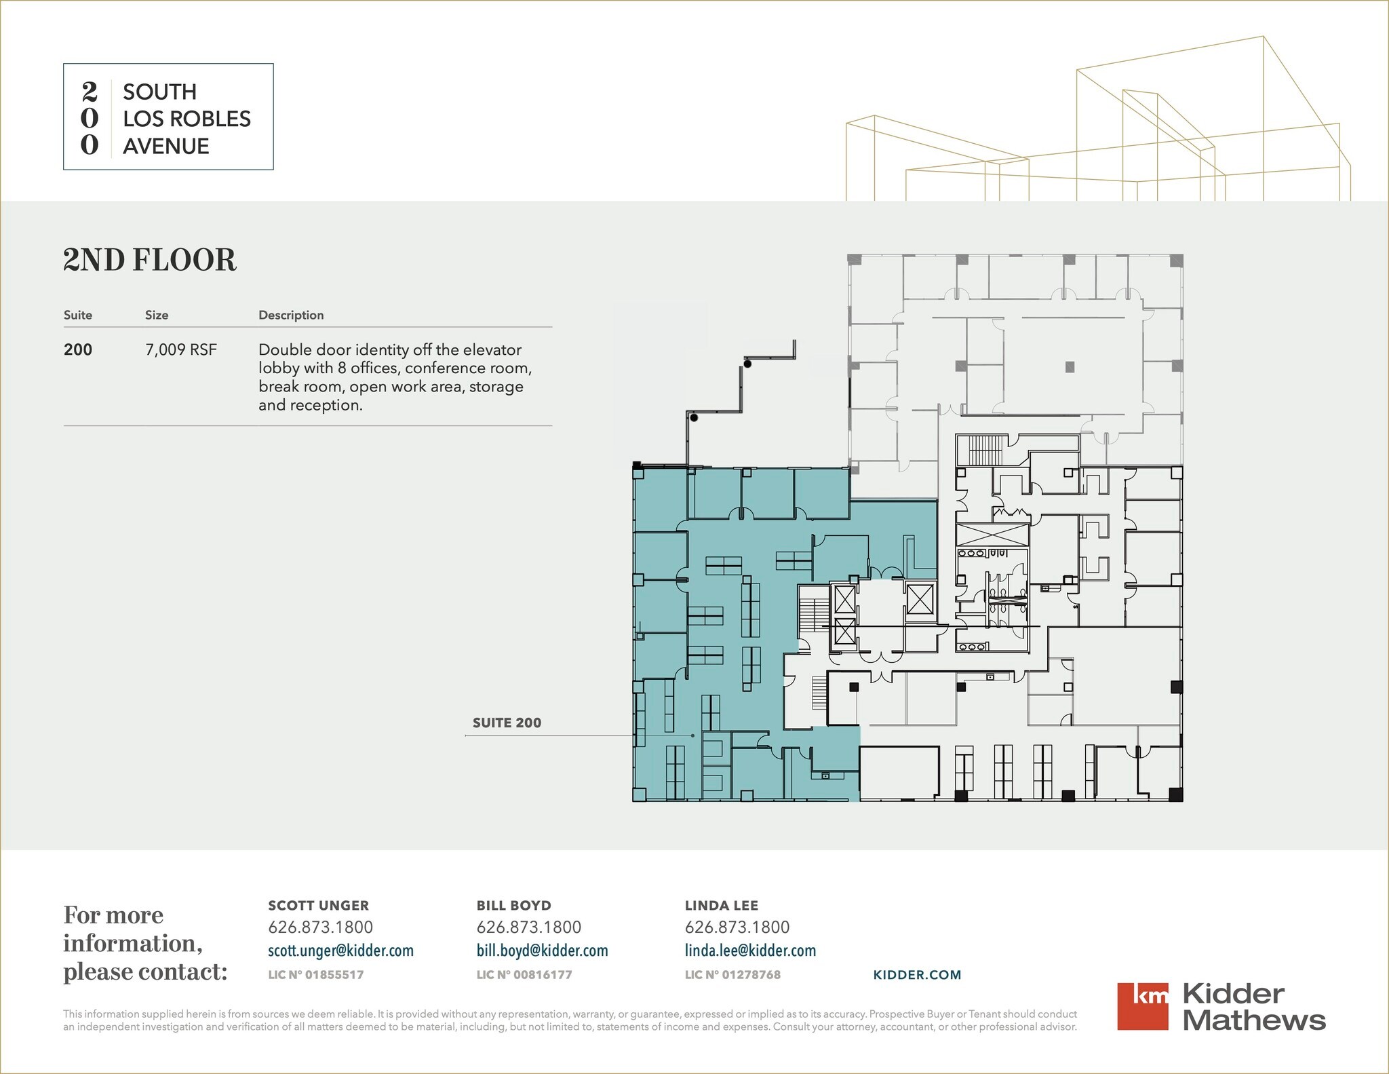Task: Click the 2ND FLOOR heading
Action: pos(150,260)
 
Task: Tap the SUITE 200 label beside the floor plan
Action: pos(507,723)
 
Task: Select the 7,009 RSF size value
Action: pos(181,349)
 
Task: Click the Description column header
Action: pos(291,315)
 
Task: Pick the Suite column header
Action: pos(78,315)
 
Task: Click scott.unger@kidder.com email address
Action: pos(340,951)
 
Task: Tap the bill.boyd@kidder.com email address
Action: pos(542,951)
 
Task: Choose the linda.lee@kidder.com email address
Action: pos(750,951)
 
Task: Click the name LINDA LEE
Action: pos(722,905)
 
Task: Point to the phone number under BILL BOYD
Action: pos(529,927)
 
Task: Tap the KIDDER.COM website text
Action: pos(917,975)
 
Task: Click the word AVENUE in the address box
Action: pos(166,146)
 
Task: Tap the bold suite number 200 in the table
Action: pos(78,349)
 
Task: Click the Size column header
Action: pos(157,315)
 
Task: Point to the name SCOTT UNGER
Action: pos(319,905)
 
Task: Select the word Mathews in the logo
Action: pos(1255,1020)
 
